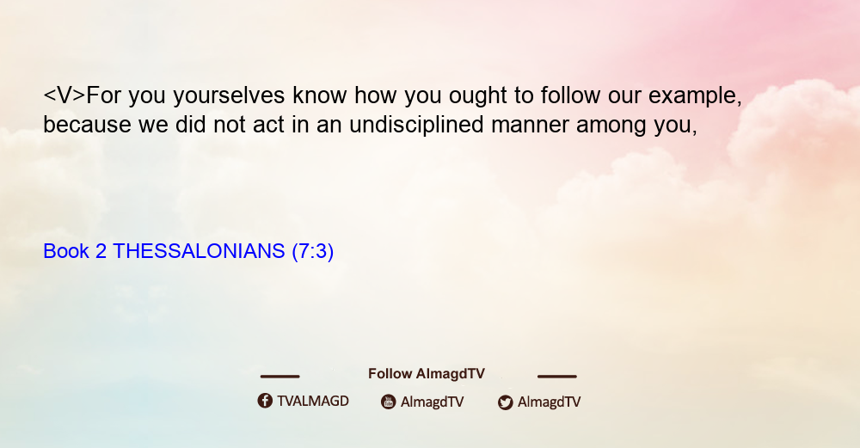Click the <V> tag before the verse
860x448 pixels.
[x=64, y=95]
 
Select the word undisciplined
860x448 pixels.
[x=416, y=126]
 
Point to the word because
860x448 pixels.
[x=87, y=125]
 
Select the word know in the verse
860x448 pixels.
[x=319, y=95]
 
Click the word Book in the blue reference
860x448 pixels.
[x=66, y=251]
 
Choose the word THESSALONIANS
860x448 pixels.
[x=199, y=251]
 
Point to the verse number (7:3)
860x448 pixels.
[x=313, y=252]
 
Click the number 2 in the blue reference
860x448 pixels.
[x=101, y=251]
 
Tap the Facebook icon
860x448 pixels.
[x=265, y=401]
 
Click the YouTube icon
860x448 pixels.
[x=389, y=402]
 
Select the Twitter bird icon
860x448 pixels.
[x=505, y=402]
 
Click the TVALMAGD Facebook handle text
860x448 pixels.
[x=313, y=401]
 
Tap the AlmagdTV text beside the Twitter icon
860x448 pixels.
[x=549, y=402]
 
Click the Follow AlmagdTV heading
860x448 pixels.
[x=427, y=373]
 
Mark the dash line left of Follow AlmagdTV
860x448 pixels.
[x=279, y=377]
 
